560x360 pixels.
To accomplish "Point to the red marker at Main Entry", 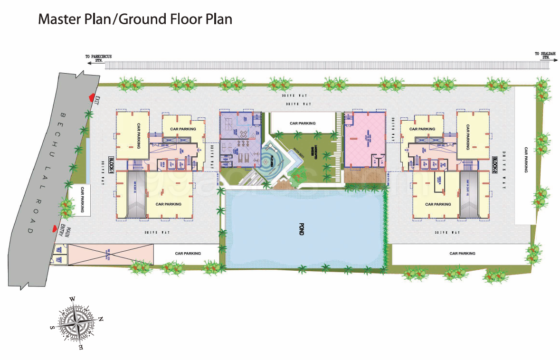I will coord(55,229).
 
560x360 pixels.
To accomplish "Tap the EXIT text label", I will coord(98,101).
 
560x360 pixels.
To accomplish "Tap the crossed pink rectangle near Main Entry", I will coord(111,255).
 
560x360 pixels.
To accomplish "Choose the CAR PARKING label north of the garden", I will coord(303,123).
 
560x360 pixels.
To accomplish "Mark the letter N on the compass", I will coord(101,319).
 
